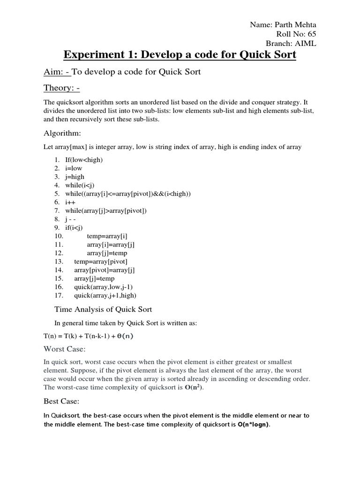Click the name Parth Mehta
296,25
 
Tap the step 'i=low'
74,168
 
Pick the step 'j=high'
75,177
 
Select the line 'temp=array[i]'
107,236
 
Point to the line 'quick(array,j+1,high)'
105,295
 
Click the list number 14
59,270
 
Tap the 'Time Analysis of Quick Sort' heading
103,309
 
